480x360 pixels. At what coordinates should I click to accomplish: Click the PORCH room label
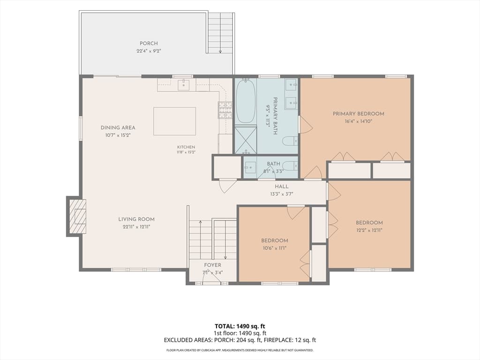149,44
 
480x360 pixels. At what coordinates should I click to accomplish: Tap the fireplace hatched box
77,217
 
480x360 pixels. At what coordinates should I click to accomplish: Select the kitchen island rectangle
174,121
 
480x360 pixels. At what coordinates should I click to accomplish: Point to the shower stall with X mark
246,139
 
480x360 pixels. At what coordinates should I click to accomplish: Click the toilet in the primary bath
290,141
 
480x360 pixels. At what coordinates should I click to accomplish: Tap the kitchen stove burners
225,110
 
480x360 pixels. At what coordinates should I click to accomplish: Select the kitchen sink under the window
184,84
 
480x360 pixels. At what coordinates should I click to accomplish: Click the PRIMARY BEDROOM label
359,114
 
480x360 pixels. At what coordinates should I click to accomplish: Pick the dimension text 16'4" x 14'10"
359,121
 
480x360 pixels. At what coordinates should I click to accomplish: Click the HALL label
282,187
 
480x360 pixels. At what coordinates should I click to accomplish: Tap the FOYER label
212,265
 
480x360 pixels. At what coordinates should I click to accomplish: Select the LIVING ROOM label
136,219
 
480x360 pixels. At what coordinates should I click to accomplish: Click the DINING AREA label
118,127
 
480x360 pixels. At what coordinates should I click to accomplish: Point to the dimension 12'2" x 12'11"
369,230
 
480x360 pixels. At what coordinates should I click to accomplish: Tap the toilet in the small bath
290,166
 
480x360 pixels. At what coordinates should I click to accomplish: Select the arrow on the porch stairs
220,33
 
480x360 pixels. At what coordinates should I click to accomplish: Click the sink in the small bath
250,167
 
